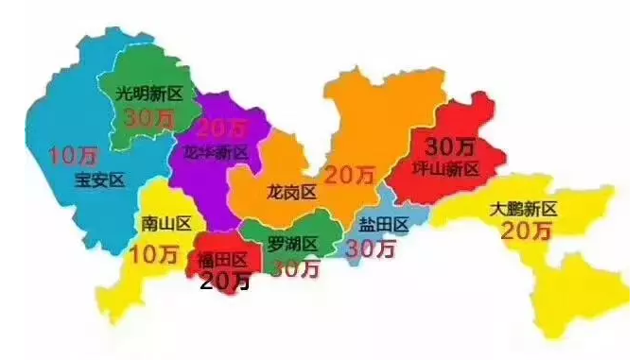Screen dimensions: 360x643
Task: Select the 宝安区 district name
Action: (98, 180)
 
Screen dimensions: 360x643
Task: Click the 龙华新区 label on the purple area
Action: (216, 152)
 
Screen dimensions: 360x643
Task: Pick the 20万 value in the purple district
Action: (222, 128)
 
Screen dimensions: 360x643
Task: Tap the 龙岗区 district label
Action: (291, 193)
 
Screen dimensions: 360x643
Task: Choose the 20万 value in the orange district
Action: (349, 175)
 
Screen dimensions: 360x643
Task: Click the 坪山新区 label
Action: (447, 169)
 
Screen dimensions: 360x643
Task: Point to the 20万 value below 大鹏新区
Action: (526, 231)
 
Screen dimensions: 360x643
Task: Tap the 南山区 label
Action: (165, 224)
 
